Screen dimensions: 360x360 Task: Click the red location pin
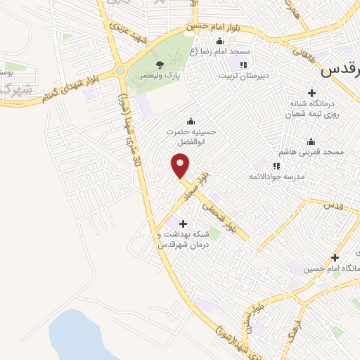coord(181,166)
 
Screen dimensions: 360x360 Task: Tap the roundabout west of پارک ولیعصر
coord(120,70)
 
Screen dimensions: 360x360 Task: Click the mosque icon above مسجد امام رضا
coord(220,41)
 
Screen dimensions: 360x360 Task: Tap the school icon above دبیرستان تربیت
coord(243,65)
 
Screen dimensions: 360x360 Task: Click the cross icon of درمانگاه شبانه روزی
coord(312,92)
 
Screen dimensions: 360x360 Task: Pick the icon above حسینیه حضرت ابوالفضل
coord(190,121)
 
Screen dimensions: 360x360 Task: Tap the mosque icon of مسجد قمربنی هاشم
coord(311,142)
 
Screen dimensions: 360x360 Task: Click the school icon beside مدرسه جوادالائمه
coord(276,166)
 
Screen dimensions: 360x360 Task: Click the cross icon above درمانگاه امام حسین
coord(335,258)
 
